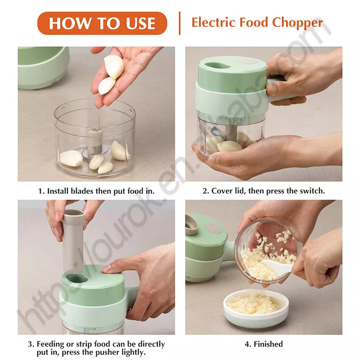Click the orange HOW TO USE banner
(x=102, y=23)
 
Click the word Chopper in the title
(x=298, y=23)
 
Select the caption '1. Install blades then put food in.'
(x=96, y=191)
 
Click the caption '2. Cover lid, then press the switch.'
(x=263, y=191)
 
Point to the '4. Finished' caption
(x=263, y=344)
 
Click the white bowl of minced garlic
(x=256, y=307)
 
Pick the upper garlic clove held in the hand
(x=114, y=66)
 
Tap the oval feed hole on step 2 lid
(x=218, y=65)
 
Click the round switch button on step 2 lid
(x=248, y=61)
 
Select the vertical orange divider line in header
(x=179, y=23)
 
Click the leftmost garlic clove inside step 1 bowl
(x=71, y=158)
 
